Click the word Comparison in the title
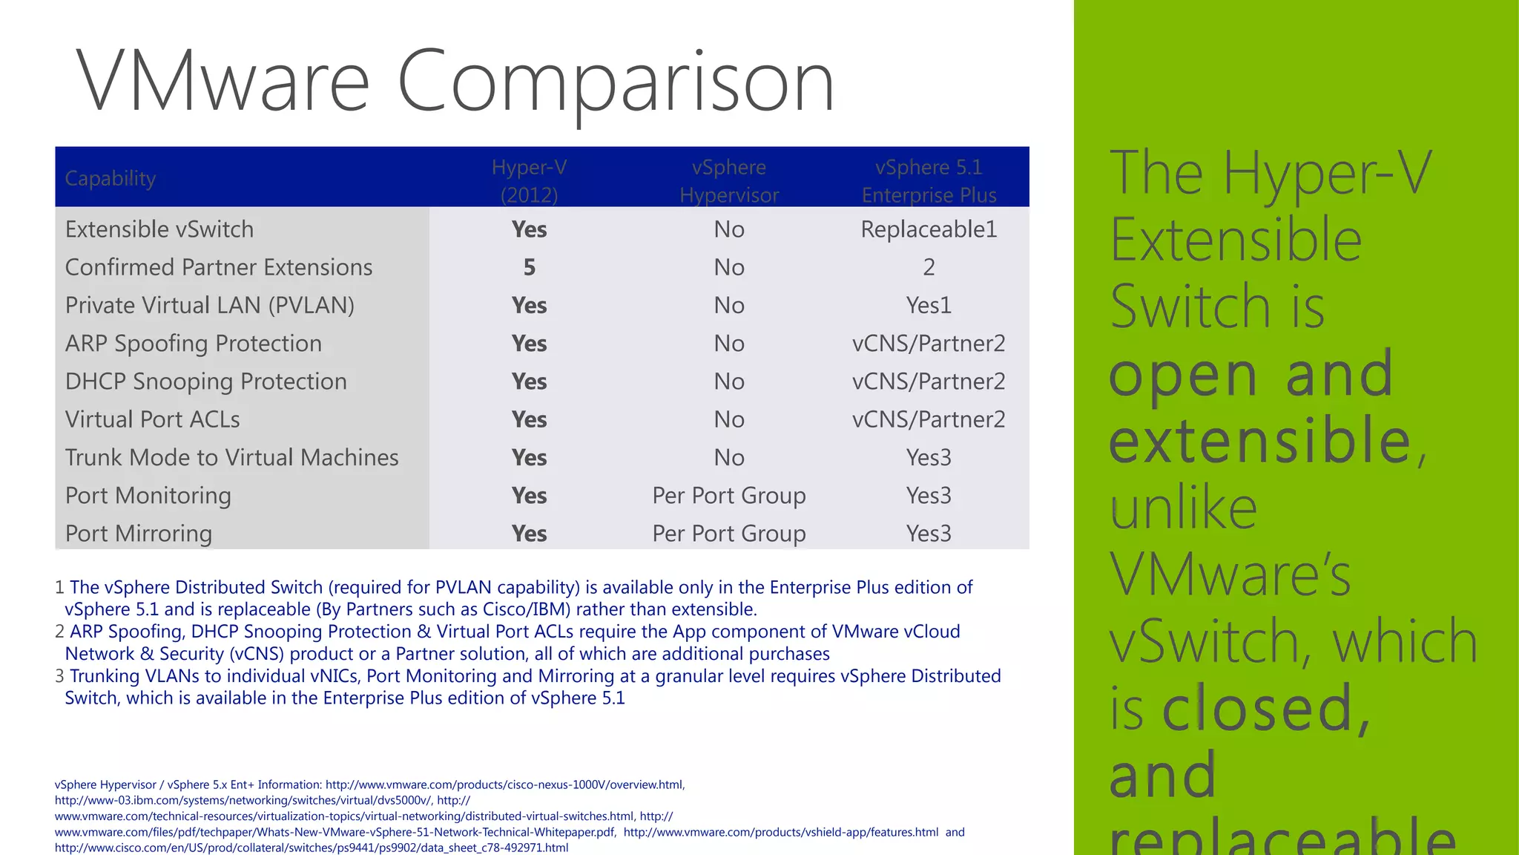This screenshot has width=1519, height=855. (616, 82)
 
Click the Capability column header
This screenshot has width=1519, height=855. (111, 178)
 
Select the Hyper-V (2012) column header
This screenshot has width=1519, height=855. (529, 180)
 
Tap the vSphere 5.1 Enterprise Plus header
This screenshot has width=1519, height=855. (929, 180)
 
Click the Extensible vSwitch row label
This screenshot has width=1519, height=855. (159, 229)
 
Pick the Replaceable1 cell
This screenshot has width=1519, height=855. (929, 229)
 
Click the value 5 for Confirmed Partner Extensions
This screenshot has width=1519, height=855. (529, 267)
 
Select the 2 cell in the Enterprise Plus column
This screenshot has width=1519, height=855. (929, 267)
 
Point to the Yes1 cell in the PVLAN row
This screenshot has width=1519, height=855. (929, 305)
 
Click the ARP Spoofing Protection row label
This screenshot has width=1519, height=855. (193, 344)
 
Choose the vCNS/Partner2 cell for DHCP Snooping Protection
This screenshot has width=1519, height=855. (929, 381)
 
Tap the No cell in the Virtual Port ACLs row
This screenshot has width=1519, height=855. (729, 419)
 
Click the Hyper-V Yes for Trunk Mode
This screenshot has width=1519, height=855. (529, 457)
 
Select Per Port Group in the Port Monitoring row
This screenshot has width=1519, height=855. (729, 495)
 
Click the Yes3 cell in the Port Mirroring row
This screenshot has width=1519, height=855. (929, 534)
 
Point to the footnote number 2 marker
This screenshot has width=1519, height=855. (59, 632)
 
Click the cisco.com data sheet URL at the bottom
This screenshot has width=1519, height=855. (312, 848)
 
